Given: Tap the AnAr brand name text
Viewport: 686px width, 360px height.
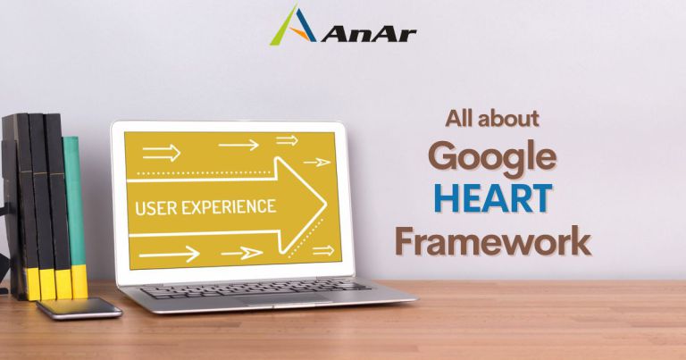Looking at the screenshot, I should tap(363, 34).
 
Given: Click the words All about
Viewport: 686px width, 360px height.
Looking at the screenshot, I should tap(492, 118).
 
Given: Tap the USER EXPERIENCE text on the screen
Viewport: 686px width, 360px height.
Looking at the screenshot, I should tap(205, 207).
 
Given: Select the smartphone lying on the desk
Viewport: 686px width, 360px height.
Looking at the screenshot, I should tap(79, 308).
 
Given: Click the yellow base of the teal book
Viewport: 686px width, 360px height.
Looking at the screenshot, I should tap(79, 281).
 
